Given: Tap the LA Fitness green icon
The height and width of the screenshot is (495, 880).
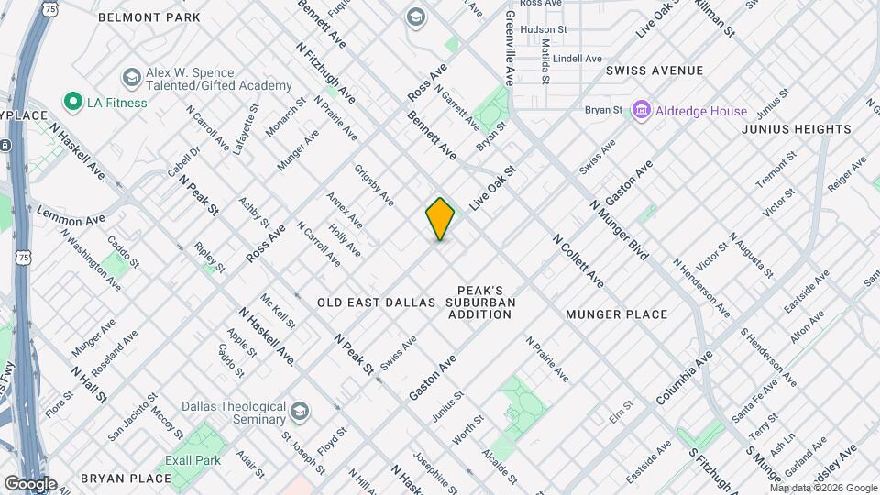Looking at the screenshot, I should pos(71,102).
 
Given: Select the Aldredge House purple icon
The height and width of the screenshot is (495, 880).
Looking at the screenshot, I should pos(641,111).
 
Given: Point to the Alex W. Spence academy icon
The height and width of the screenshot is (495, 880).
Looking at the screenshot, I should pos(131,76).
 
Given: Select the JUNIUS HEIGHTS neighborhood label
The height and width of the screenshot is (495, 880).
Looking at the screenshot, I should pos(797,129).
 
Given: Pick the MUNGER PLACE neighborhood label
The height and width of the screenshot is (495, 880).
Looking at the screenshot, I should pos(616,314).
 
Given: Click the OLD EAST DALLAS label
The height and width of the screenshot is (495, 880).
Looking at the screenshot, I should pos(376,302).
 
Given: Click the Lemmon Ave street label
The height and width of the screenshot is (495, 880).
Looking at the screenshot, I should pos(71,216).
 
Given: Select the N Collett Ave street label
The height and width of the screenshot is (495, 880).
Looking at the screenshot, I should pos(577,258).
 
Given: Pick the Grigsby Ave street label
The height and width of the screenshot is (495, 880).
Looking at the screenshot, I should pos(374,185).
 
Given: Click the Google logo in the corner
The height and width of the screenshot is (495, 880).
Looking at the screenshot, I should pos(29,484).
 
